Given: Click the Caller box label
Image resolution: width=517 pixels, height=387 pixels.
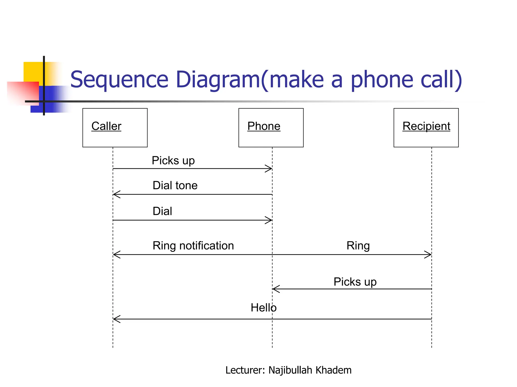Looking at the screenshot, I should click(x=106, y=126).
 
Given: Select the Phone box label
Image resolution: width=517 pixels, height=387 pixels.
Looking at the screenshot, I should click(x=264, y=126).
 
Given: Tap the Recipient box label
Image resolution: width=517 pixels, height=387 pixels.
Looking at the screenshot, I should click(x=426, y=126).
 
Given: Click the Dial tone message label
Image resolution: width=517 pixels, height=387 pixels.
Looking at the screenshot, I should click(x=175, y=185).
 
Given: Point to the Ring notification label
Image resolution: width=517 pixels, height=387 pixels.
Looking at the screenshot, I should click(x=193, y=246).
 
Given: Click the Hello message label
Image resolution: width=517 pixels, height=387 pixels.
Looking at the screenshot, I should click(x=264, y=308).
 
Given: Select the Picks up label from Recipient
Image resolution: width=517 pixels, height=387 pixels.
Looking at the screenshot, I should click(x=355, y=282).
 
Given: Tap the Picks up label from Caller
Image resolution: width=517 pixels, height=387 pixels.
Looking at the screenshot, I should click(x=173, y=160).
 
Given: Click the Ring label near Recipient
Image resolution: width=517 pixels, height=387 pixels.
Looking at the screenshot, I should click(x=358, y=246).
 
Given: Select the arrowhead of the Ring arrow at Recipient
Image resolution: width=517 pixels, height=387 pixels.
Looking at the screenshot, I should click(x=429, y=254).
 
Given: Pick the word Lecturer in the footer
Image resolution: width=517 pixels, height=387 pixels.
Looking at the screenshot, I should click(x=245, y=370).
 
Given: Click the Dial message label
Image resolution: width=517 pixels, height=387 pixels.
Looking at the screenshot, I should click(x=162, y=211).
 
